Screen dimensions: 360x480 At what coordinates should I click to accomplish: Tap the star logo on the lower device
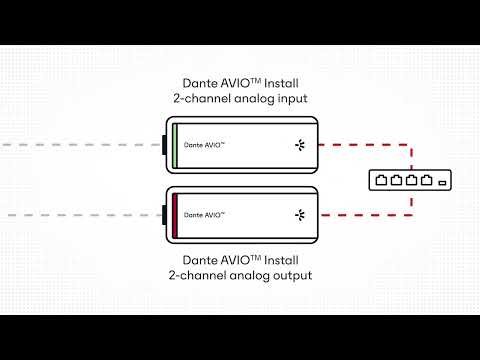tap(298, 214)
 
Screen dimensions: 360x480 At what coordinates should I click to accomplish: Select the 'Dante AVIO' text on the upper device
tap(204, 145)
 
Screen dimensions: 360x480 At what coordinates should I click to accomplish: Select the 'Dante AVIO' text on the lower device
tap(204, 215)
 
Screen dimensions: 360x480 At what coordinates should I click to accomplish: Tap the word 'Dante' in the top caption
tap(197, 82)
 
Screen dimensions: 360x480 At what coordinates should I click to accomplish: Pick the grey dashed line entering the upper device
tap(80, 145)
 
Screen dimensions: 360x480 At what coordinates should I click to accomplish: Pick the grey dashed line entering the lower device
tap(80, 215)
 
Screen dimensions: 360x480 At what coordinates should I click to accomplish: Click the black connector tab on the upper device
tap(164, 145)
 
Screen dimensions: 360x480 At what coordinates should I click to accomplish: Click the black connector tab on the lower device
tap(164, 214)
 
